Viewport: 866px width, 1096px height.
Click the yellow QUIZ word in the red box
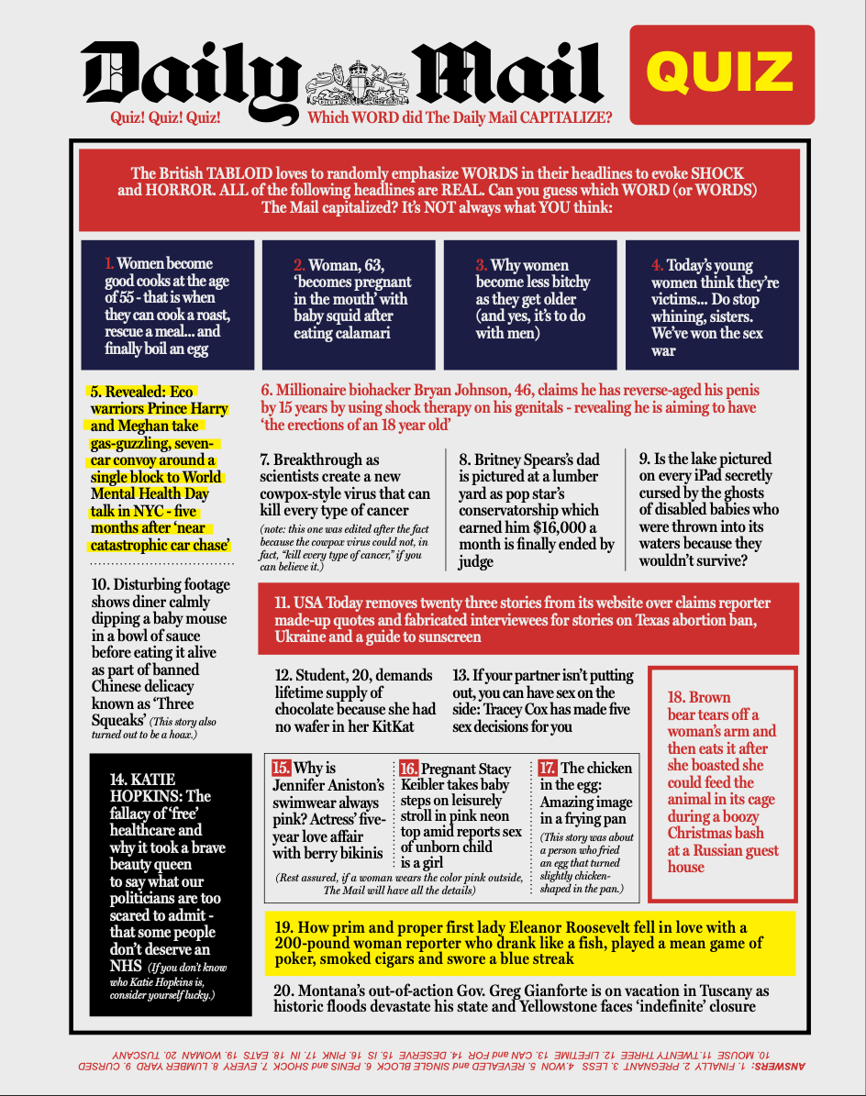pos(721,73)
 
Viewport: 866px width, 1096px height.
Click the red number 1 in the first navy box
pos(110,264)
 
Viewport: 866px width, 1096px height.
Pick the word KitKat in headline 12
pos(406,726)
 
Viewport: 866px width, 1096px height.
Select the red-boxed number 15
pos(281,769)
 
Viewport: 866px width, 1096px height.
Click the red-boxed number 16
pos(408,769)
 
